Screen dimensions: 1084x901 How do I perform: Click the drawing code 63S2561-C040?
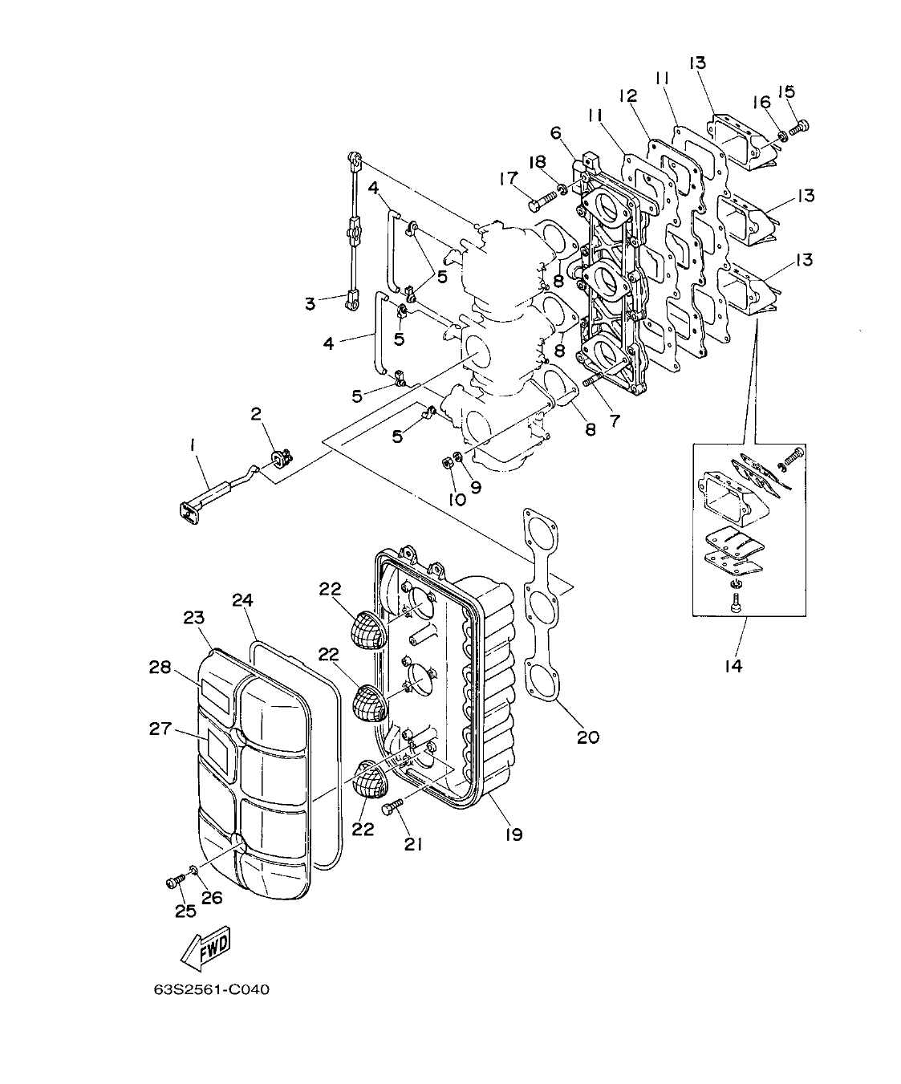click(212, 989)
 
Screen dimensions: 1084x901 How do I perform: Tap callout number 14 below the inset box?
click(733, 665)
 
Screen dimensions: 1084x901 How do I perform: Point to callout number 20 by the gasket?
click(588, 736)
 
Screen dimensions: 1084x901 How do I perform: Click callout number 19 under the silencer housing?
click(513, 834)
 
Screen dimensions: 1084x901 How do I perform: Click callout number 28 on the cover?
click(160, 667)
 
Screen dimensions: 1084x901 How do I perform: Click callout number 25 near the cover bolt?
click(185, 911)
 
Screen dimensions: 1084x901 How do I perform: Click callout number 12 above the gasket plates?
click(627, 95)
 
